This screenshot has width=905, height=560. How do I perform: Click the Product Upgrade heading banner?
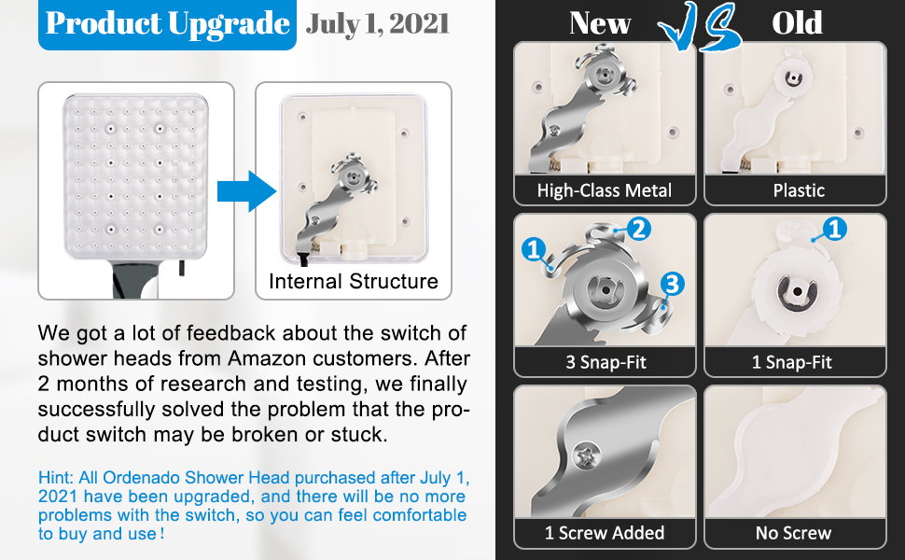168,24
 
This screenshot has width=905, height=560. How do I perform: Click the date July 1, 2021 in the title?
377,23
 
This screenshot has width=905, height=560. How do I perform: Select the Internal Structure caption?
353,281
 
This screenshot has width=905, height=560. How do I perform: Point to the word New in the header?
600,23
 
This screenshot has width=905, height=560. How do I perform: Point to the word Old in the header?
797,23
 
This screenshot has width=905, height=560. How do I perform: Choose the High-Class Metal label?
605,190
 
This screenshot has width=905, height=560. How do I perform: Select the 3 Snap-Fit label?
605,362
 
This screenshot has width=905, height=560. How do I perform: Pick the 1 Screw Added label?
605,533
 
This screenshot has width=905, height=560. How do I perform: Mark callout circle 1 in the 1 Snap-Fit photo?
833,229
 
